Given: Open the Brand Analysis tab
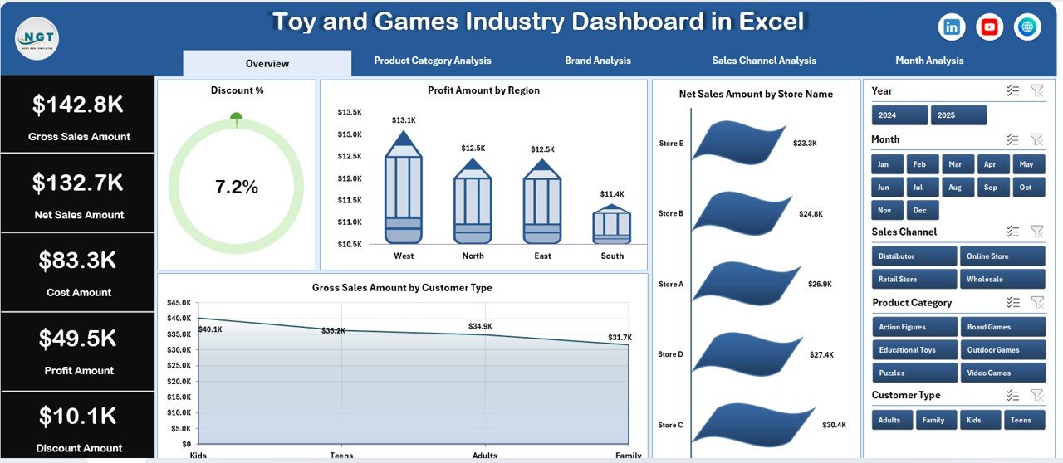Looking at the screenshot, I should point(597,61).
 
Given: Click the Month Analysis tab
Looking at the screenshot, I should point(929,61).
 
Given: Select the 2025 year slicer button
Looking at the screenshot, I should point(958,115).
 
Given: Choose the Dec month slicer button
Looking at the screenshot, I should point(922,211).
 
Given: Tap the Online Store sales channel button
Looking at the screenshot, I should point(1002,256).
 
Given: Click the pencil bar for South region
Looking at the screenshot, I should point(611,223).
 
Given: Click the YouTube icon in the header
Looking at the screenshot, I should point(989,27).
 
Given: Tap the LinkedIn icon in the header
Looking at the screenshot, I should point(951,27).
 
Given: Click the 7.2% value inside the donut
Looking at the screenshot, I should point(237,188).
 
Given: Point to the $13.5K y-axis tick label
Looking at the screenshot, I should point(350,112).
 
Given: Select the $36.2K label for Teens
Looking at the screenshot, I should point(334,330).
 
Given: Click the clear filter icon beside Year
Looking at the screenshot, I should point(1036,90).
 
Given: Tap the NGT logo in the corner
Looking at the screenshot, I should point(37,38).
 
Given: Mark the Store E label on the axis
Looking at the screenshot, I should point(670,144).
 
